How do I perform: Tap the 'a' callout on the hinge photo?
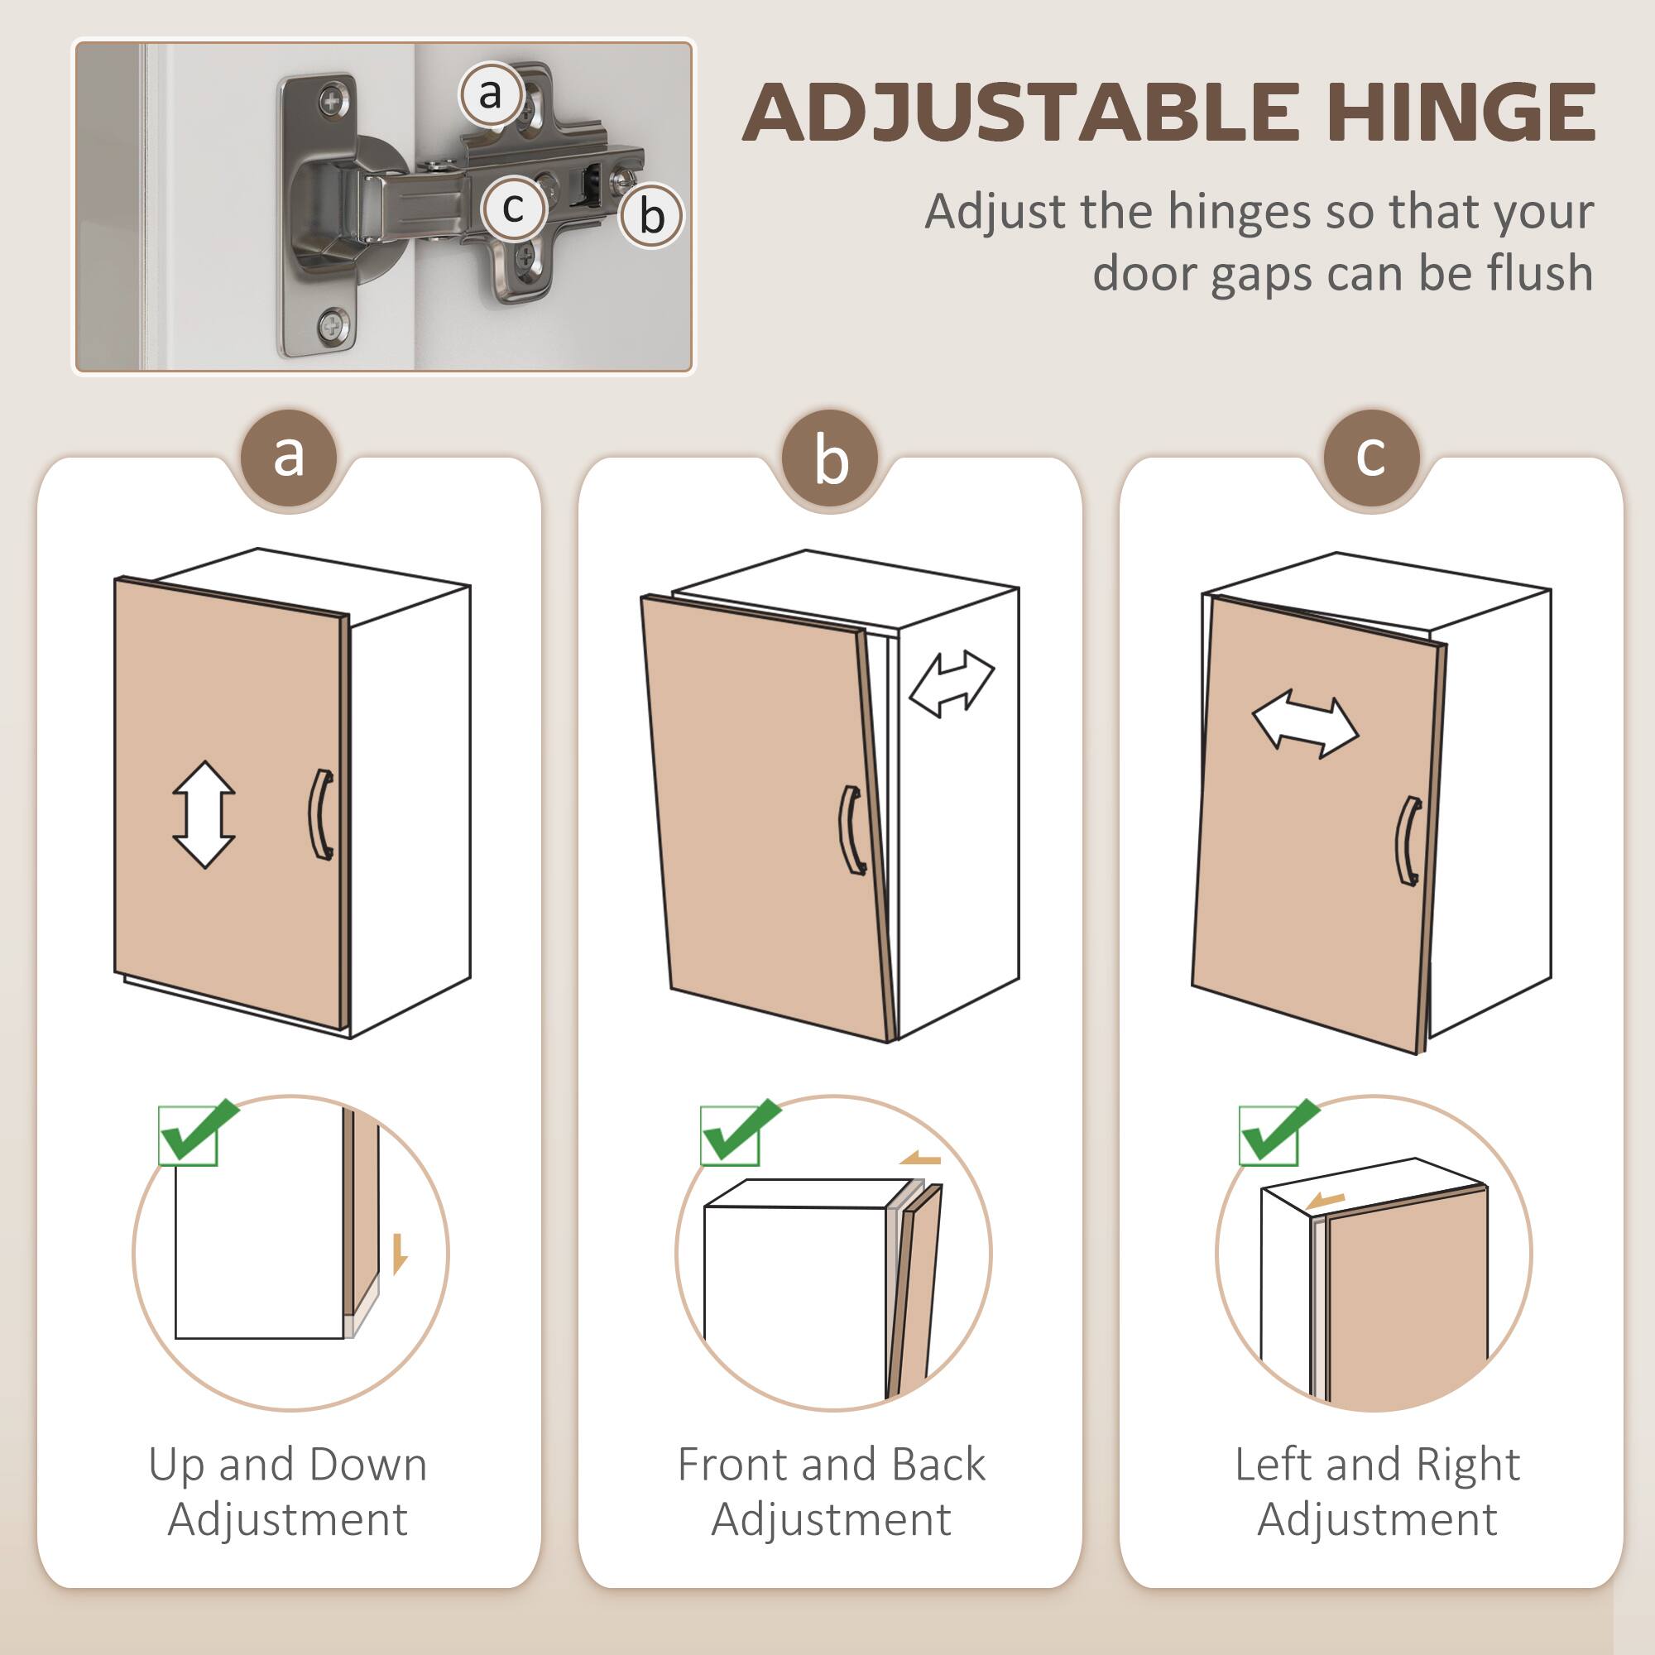490,94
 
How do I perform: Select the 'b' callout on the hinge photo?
651,215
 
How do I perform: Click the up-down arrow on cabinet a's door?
204,813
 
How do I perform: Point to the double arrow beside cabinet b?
951,684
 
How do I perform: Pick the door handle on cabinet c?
1408,842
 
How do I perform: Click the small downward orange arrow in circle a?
399,1254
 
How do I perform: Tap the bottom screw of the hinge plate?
332,326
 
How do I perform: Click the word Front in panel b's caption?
726,1464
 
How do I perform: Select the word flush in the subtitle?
1539,272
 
